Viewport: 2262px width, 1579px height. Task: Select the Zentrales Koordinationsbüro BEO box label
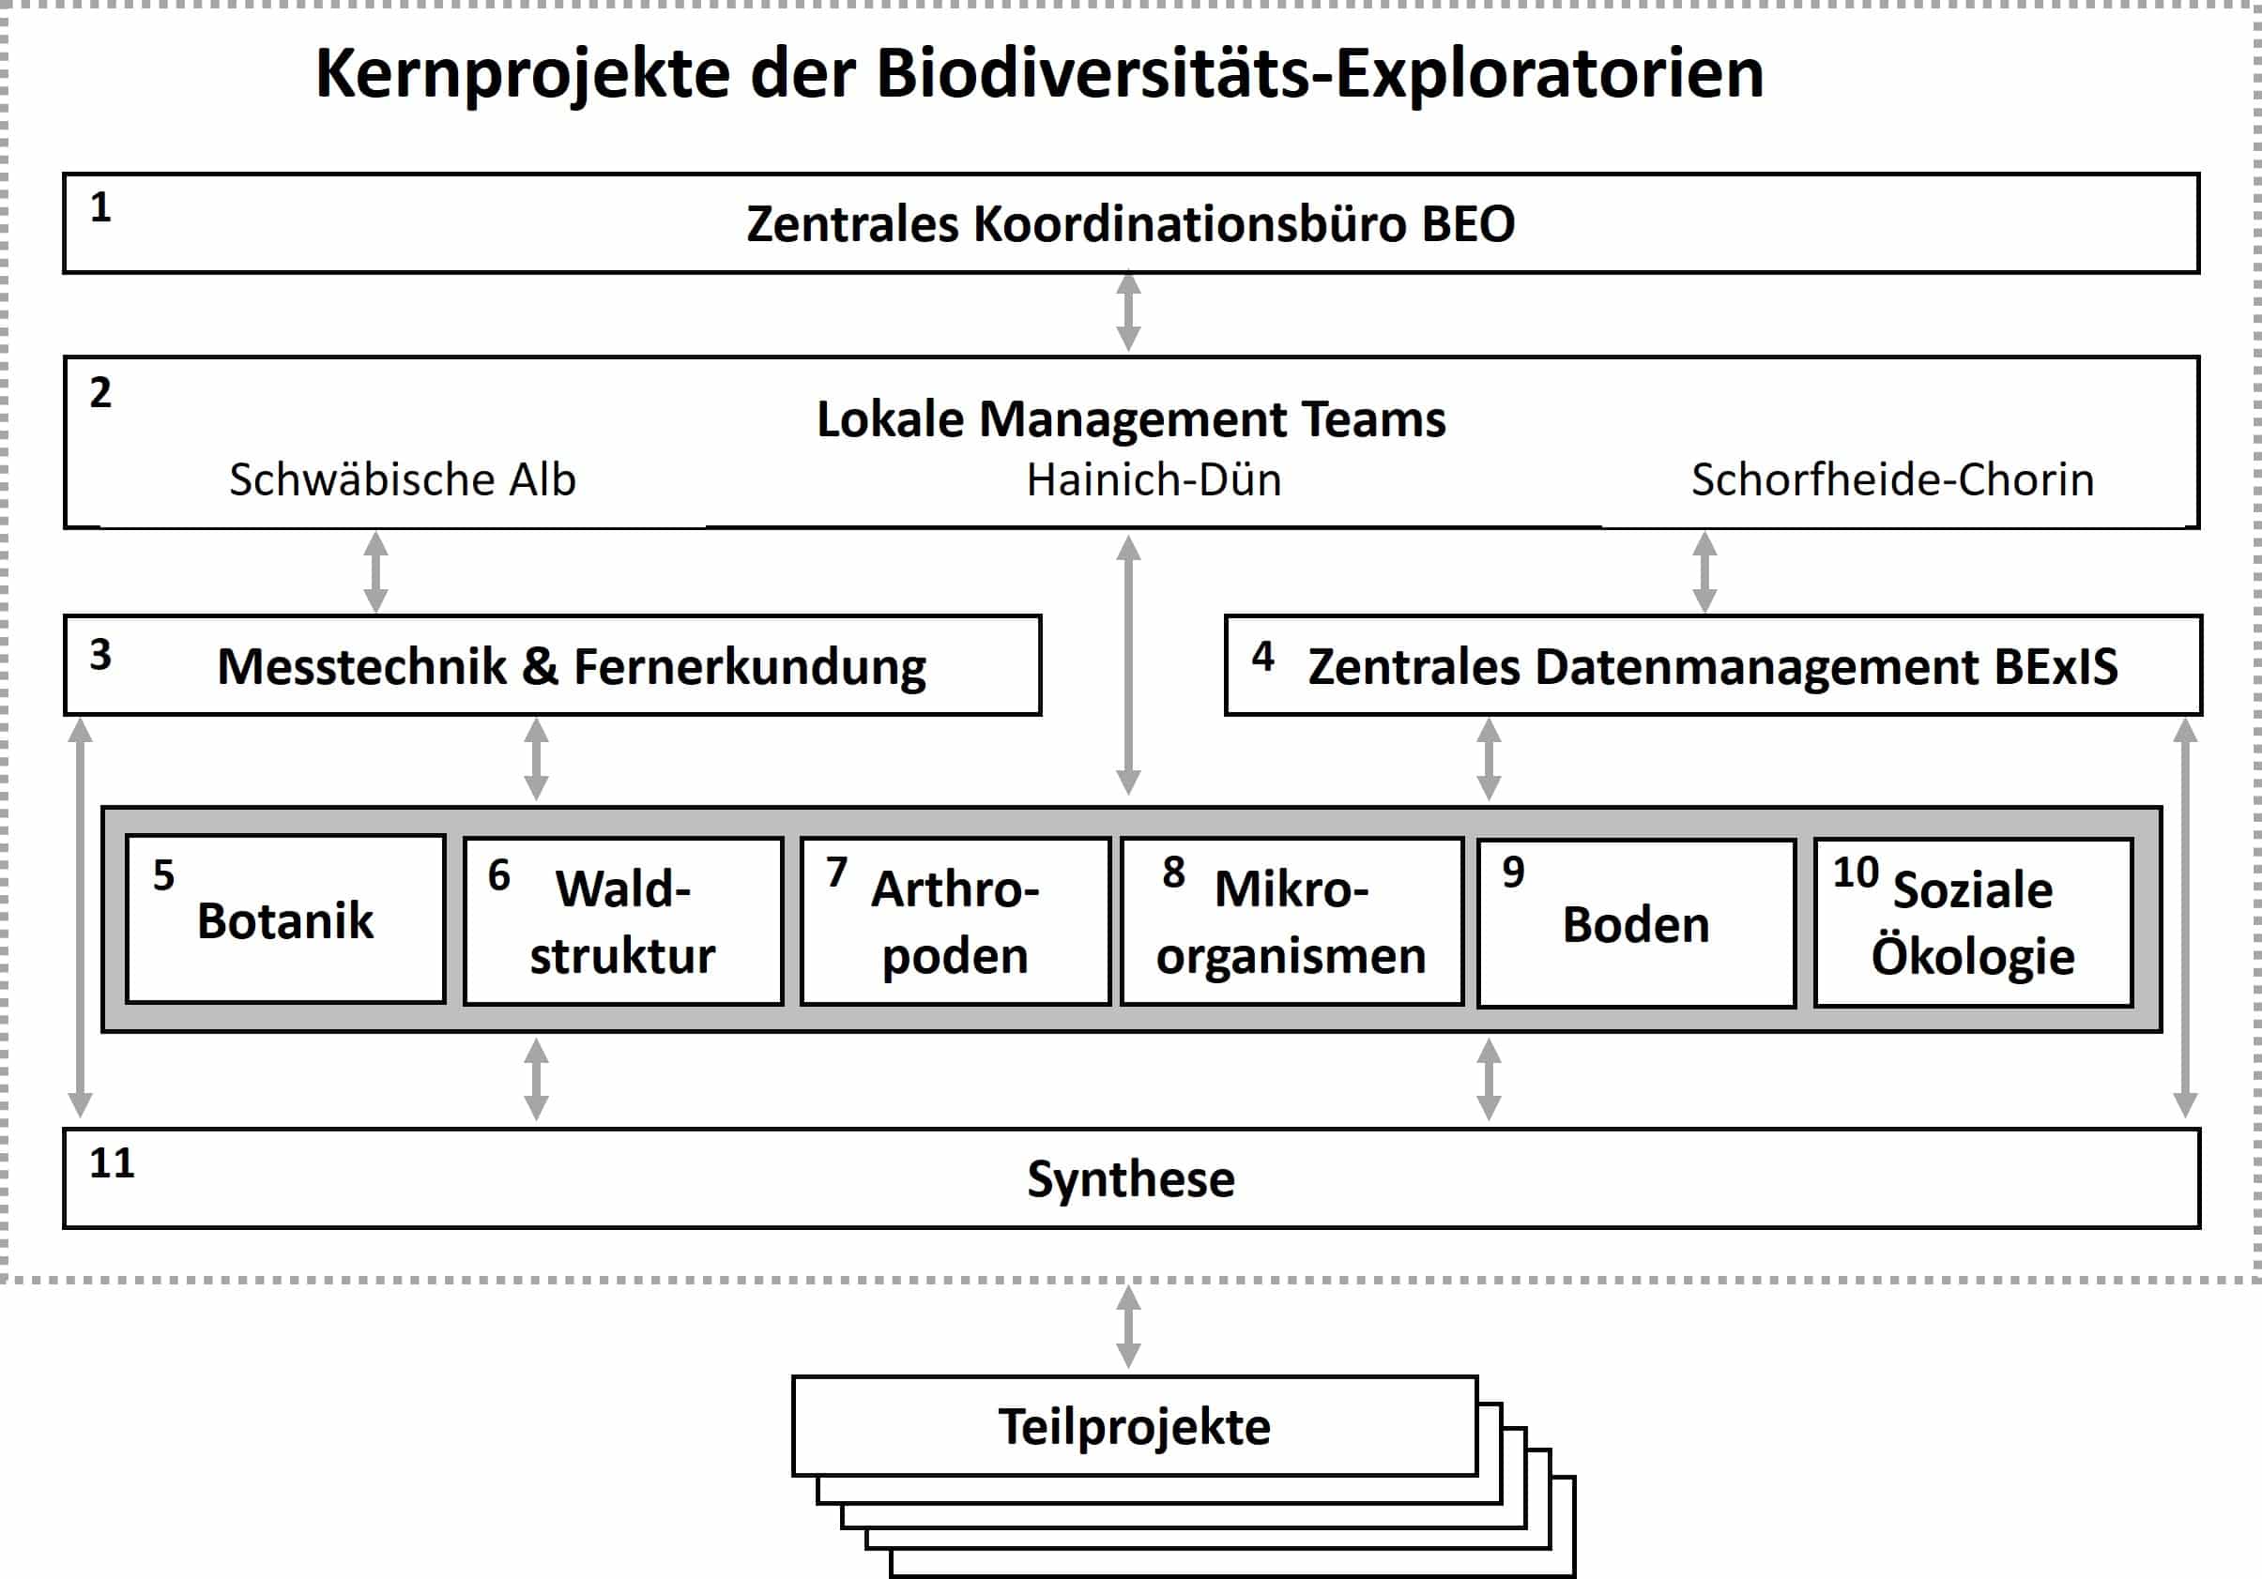click(1130, 223)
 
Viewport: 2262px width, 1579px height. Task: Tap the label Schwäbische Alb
click(402, 479)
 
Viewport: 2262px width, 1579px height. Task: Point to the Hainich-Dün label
click(1154, 479)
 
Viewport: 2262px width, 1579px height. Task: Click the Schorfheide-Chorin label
click(1892, 479)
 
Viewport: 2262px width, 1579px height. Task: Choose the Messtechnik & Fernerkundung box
click(553, 666)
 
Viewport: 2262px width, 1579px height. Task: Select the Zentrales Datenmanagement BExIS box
click(1713, 666)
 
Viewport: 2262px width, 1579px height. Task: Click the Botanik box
click(285, 920)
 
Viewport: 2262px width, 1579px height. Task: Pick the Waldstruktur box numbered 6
click(623, 922)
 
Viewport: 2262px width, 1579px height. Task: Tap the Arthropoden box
click(955, 922)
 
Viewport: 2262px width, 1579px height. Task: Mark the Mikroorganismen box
click(1291, 922)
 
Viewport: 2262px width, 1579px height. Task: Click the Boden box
click(1636, 924)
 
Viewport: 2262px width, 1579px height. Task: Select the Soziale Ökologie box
click(1973, 923)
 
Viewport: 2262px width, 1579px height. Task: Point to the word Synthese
click(1131, 1179)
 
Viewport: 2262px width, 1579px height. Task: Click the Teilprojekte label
click(1135, 1426)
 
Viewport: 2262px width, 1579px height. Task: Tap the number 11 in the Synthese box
click(112, 1163)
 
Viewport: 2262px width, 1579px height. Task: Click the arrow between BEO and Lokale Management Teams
click(1128, 312)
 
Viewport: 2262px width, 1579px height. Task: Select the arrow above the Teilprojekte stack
click(1128, 1327)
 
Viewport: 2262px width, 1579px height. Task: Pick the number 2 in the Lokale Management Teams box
click(100, 393)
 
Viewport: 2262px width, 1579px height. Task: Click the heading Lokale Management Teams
click(1131, 418)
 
